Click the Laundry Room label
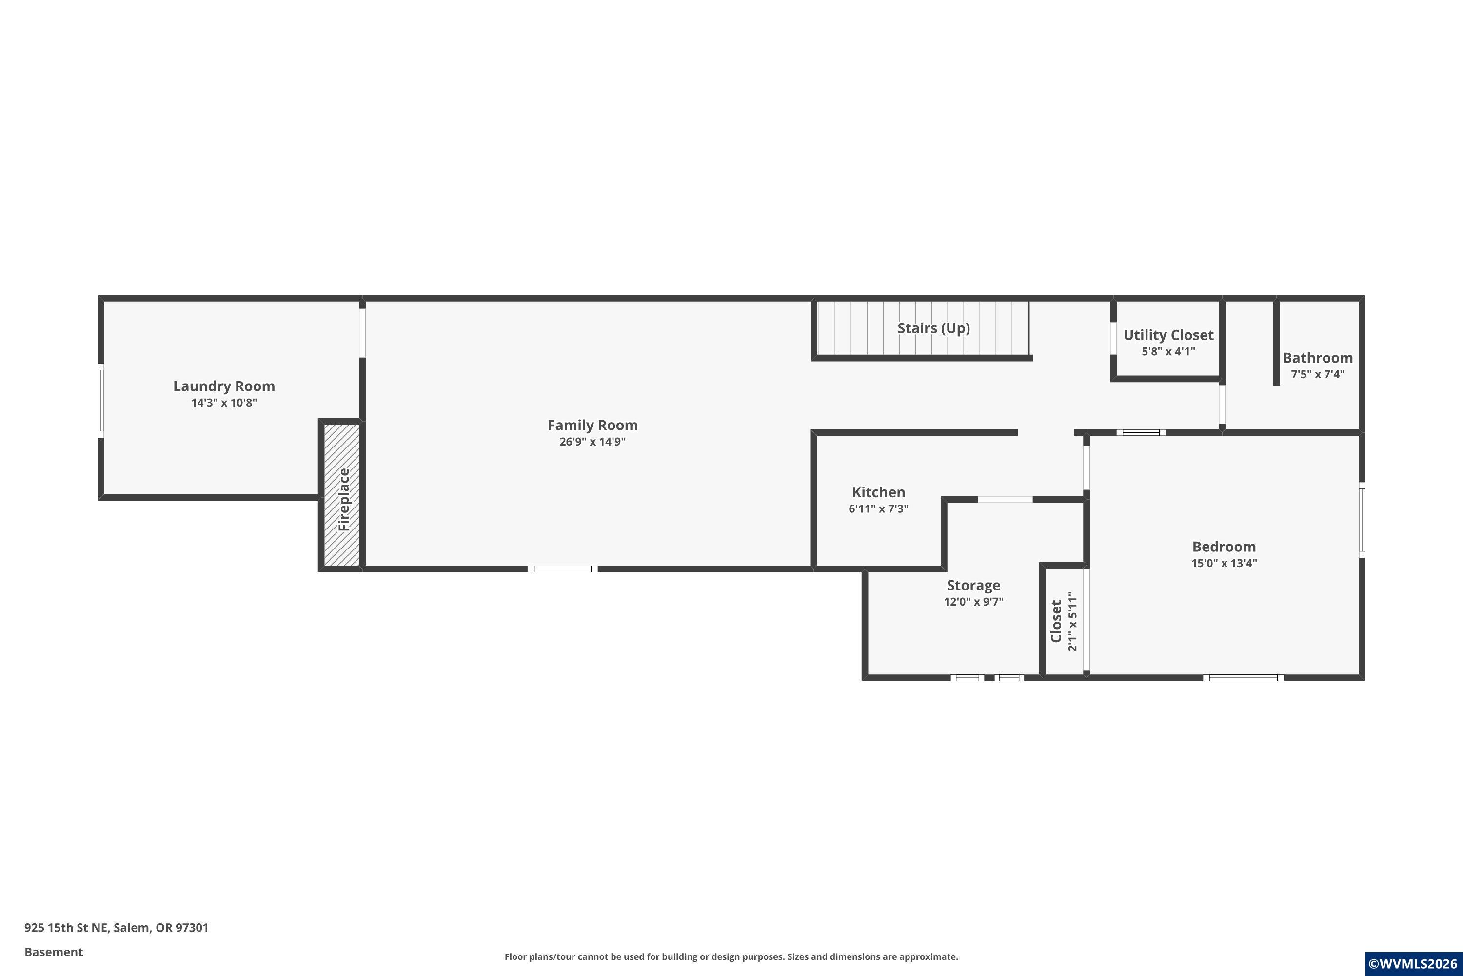pyautogui.click(x=224, y=386)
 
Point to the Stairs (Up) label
pyautogui.click(x=933, y=328)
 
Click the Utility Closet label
pyautogui.click(x=1168, y=335)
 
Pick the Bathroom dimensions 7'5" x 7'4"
pyautogui.click(x=1318, y=374)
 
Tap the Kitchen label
pyautogui.click(x=878, y=492)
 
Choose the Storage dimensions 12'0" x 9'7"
pyautogui.click(x=973, y=601)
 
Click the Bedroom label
pyautogui.click(x=1224, y=547)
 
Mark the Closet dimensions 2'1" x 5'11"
pyautogui.click(x=1072, y=621)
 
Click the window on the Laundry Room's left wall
pyautogui.click(x=101, y=400)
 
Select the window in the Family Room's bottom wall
pyautogui.click(x=563, y=569)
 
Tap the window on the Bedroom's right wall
pyautogui.click(x=1362, y=520)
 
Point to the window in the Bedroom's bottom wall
pyautogui.click(x=1243, y=678)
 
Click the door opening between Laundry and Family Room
pyautogui.click(x=362, y=333)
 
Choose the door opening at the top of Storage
pyautogui.click(x=1005, y=499)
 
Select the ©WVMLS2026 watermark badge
pyautogui.click(x=1414, y=963)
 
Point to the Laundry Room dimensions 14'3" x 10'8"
pyautogui.click(x=224, y=403)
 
